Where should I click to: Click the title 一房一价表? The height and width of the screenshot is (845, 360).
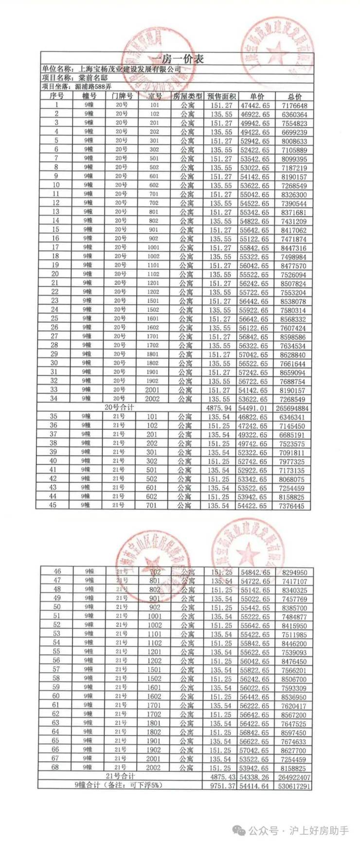tap(177, 59)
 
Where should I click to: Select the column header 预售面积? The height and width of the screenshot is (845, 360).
tap(221, 96)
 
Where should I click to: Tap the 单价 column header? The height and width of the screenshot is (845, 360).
tap(257, 96)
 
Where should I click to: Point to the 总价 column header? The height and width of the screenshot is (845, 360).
tap(294, 96)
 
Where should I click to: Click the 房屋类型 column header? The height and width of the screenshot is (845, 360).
tap(187, 96)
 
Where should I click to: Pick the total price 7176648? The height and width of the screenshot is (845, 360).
tap(294, 106)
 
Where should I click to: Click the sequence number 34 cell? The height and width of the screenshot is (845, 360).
tap(55, 399)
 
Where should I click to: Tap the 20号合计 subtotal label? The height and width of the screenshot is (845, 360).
tap(119, 407)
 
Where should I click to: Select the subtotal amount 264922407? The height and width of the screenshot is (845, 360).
tap(293, 777)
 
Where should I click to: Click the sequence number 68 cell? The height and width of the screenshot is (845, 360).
tap(56, 767)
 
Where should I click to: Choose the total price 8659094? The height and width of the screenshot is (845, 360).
tap(293, 372)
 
